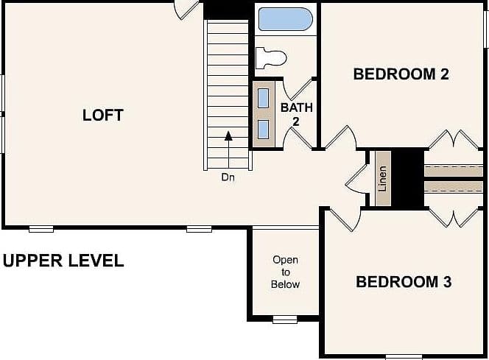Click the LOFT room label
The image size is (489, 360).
103,115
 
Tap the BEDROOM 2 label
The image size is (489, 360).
401,74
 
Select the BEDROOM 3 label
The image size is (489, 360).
404,281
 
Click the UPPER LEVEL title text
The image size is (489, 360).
63,261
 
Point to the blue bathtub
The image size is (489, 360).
285,19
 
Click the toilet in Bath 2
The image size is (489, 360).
271,57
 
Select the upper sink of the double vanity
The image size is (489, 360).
264,98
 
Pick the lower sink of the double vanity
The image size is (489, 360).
264,130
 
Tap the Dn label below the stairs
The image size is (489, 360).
228,177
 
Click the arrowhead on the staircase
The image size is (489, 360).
228,135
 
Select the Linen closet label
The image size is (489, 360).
382,179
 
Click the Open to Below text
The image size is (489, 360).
285,272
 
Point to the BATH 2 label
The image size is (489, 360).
296,114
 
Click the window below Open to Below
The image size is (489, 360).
285,320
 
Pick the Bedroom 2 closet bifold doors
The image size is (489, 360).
454,139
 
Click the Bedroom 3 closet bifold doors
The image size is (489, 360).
454,218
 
